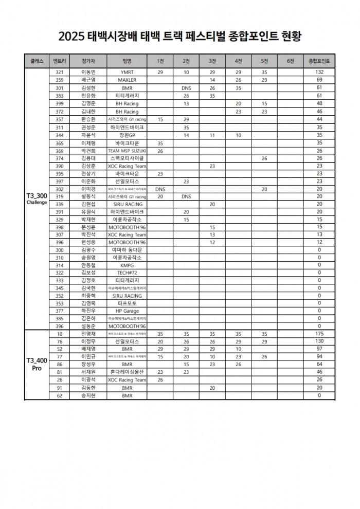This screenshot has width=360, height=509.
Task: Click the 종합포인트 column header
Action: tap(319, 61)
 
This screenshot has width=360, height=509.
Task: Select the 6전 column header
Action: tap(291, 61)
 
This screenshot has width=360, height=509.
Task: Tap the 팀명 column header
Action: tap(127, 61)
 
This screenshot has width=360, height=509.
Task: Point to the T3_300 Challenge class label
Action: tap(37, 199)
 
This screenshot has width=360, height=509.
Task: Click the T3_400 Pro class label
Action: tap(37, 364)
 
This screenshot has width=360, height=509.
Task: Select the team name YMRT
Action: tap(127, 72)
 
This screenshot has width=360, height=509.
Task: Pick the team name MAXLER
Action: tap(127, 80)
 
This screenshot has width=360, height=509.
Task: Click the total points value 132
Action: tap(319, 72)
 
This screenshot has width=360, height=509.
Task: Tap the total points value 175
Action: tap(319, 334)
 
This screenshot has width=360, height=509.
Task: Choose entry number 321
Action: tap(59, 72)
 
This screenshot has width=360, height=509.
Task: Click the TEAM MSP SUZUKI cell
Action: tap(127, 151)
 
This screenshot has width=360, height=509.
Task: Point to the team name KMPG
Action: tap(127, 265)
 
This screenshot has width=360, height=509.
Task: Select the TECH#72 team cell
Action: tap(127, 273)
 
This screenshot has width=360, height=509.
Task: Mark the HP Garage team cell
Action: tap(127, 311)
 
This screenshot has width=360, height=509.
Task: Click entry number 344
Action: tap(59, 135)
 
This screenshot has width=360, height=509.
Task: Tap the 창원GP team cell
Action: tap(127, 135)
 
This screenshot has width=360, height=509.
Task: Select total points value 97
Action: tap(319, 349)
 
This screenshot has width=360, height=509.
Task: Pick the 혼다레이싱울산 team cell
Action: tap(127, 372)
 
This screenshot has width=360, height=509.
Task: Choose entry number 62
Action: tap(59, 395)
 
